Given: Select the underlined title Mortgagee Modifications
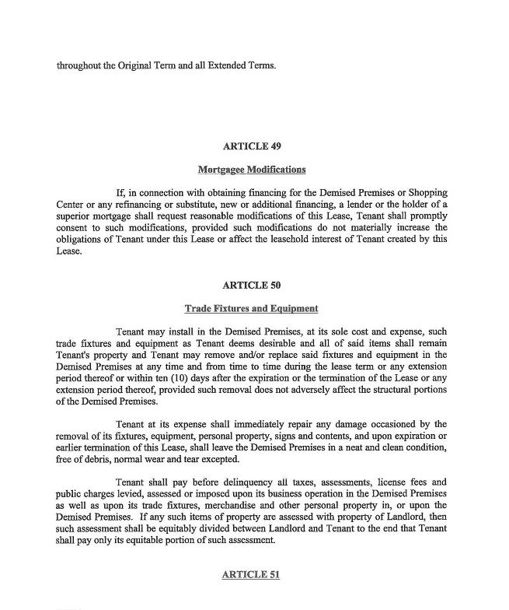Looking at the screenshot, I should [251, 169].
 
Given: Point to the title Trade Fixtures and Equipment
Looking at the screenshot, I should [251, 308].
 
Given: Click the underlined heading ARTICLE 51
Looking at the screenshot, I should [251, 574].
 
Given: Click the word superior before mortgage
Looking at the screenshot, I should [75, 216].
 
